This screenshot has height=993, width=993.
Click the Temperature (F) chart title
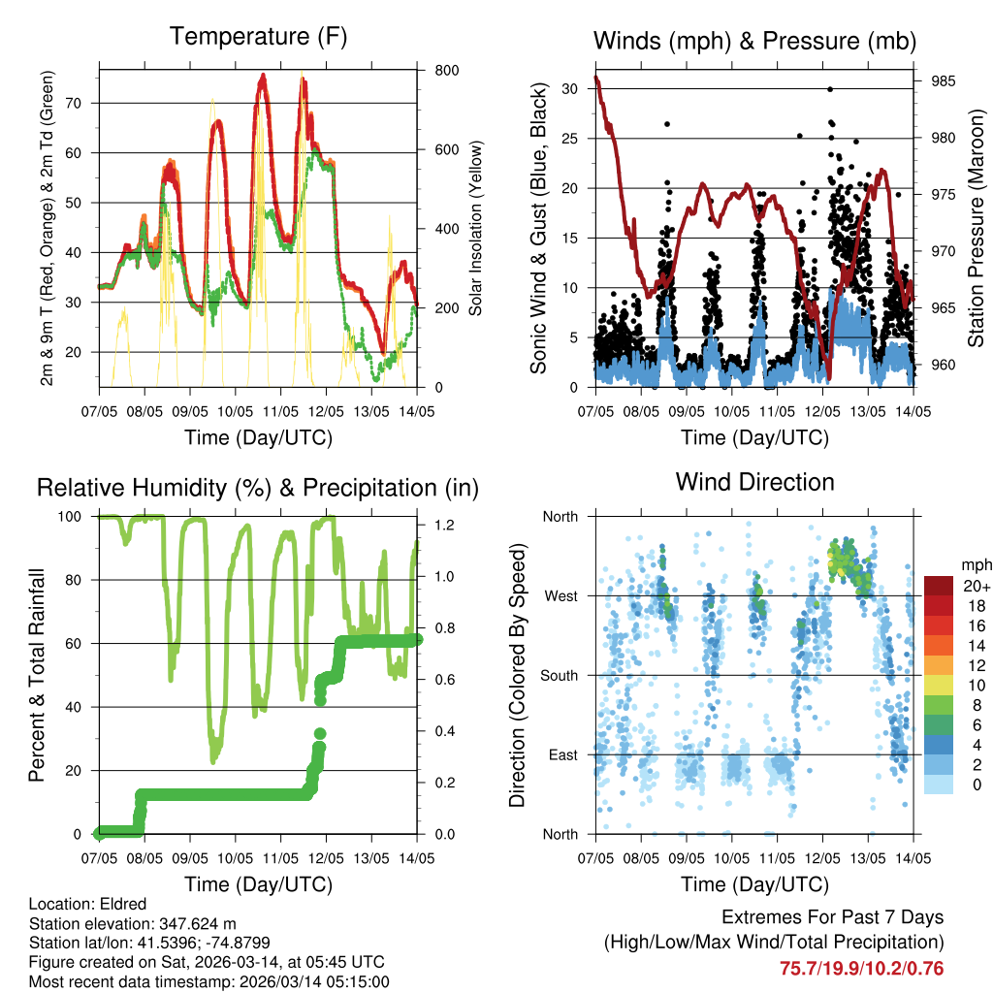[258, 37]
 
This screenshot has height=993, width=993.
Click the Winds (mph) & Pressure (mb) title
[754, 41]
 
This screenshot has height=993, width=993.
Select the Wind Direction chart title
[754, 482]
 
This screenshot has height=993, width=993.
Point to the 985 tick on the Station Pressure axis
[942, 80]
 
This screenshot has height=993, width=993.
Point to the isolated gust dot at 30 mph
[830, 88]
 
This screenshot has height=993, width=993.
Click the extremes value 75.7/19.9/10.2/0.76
[861, 968]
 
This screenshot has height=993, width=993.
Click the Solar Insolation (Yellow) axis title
[475, 228]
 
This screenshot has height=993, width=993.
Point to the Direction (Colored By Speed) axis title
[517, 676]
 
